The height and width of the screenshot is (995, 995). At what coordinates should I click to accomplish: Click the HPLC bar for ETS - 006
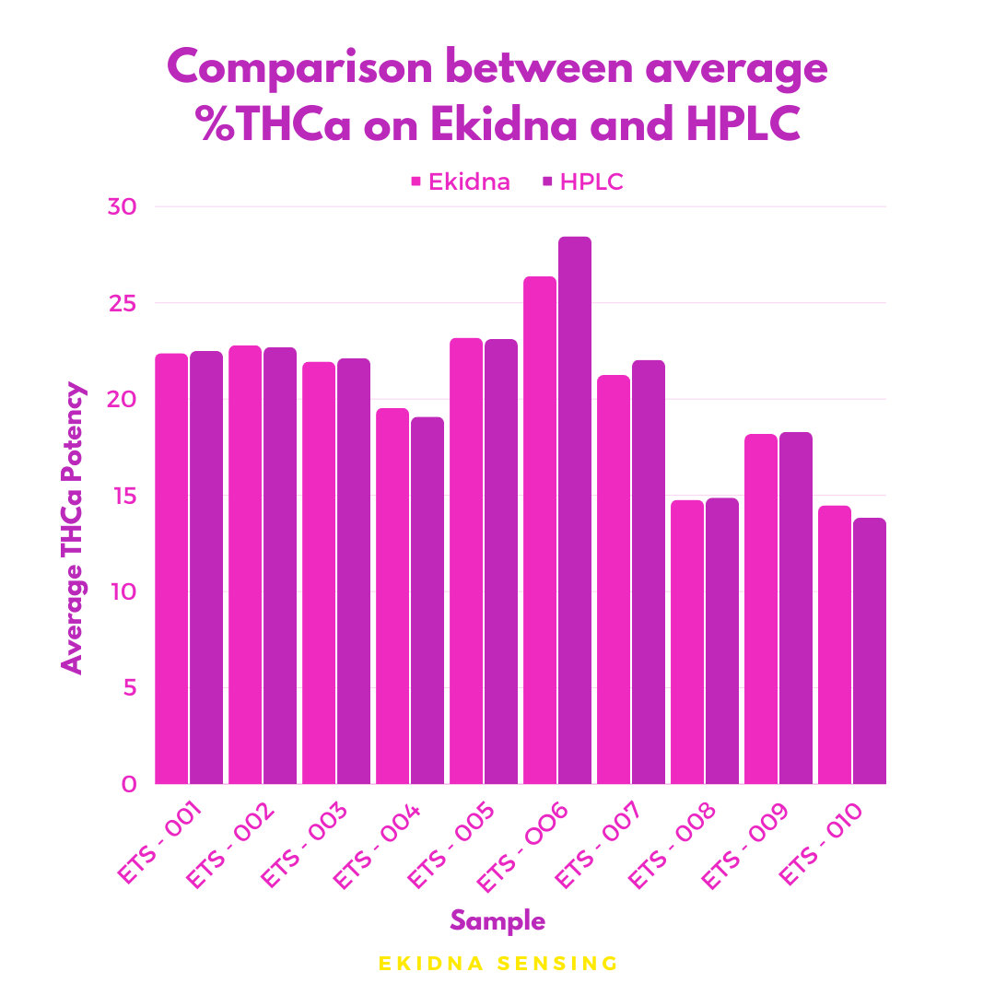(x=575, y=510)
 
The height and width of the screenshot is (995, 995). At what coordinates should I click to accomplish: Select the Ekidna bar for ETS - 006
(x=540, y=530)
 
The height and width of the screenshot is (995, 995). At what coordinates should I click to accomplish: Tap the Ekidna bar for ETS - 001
(x=171, y=568)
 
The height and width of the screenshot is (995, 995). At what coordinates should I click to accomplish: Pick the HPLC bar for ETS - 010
(x=870, y=650)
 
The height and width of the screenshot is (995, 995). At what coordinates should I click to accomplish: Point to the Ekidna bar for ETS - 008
(x=687, y=642)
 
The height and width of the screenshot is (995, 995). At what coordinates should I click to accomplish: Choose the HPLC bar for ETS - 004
(x=427, y=601)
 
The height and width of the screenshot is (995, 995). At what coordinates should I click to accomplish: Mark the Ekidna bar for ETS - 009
(x=761, y=609)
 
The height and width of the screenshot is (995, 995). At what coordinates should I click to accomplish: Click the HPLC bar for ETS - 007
(x=649, y=572)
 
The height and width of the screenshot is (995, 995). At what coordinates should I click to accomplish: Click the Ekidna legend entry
(x=460, y=181)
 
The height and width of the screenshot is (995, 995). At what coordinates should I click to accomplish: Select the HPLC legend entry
(x=582, y=181)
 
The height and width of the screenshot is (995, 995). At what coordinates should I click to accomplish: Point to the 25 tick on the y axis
(x=122, y=303)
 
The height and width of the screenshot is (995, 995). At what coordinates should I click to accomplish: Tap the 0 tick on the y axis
(x=128, y=784)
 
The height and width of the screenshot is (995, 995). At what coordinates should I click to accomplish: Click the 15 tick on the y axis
(x=122, y=496)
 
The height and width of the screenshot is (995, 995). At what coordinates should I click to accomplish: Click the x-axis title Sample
(x=497, y=920)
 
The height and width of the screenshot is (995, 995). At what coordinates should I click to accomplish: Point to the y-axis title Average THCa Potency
(x=73, y=528)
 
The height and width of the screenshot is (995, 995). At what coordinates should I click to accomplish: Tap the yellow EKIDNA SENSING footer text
(x=497, y=964)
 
